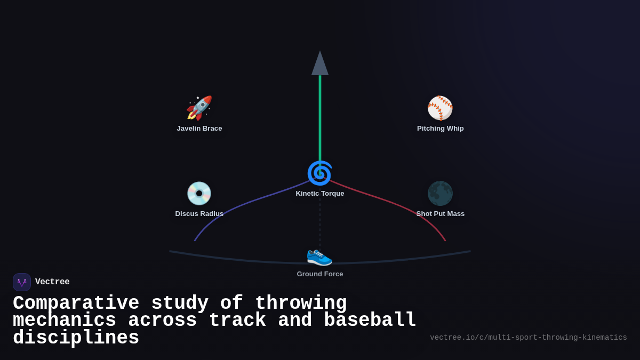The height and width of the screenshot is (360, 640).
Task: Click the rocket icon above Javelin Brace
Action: click(x=199, y=108)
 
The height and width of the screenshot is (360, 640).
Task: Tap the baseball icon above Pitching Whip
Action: click(x=440, y=108)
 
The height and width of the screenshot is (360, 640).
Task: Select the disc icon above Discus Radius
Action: click(x=199, y=194)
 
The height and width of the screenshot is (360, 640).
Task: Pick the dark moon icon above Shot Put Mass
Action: click(x=440, y=194)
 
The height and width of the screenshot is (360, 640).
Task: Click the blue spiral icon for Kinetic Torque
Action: click(x=319, y=173)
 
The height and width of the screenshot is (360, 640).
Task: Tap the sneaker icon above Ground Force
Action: click(x=319, y=255)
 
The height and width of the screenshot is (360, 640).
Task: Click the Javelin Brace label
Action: click(x=199, y=129)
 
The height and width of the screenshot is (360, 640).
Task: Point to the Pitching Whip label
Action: click(x=441, y=129)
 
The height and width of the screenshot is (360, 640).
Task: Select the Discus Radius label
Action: click(x=199, y=214)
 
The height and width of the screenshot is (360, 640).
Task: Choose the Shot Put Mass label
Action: click(x=441, y=214)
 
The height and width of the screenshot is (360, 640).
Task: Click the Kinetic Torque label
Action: click(x=320, y=194)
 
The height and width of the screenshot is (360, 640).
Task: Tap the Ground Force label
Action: click(x=320, y=274)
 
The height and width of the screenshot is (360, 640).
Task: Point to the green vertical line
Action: click(x=320, y=117)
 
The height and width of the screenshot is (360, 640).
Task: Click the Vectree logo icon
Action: click(x=22, y=282)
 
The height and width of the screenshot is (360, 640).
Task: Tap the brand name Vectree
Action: click(x=52, y=282)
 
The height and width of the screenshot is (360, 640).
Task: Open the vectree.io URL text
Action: click(x=528, y=338)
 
